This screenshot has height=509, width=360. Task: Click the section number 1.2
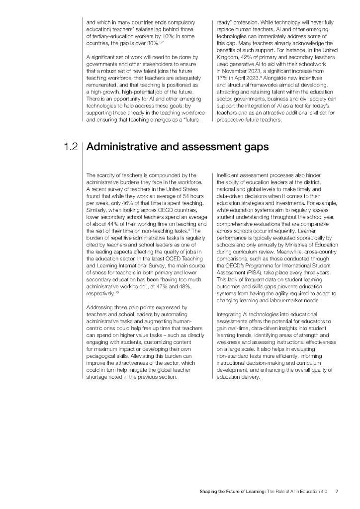coord(71,147)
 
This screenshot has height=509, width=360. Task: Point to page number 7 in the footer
coord(337,492)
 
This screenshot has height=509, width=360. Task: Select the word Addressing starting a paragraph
coord(101,307)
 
